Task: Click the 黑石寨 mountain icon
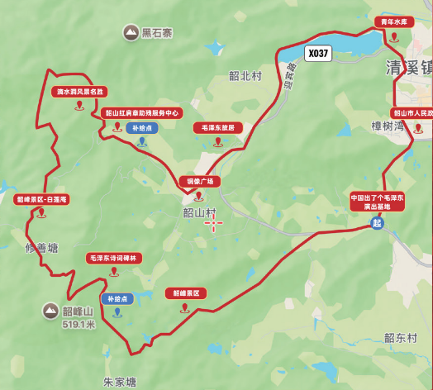131,33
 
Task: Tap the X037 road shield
317,54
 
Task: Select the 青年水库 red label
393,22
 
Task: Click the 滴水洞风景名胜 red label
79,92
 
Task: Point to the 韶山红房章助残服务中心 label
142,113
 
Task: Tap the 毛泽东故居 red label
218,128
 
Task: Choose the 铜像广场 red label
198,181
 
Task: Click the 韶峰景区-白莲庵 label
40,199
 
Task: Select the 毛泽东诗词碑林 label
116,259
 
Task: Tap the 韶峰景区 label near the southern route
186,293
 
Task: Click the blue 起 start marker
378,224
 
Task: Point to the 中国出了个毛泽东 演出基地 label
377,202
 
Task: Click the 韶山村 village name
199,212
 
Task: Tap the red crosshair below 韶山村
213,224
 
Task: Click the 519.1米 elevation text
79,325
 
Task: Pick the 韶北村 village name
245,75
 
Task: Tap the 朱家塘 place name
119,382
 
